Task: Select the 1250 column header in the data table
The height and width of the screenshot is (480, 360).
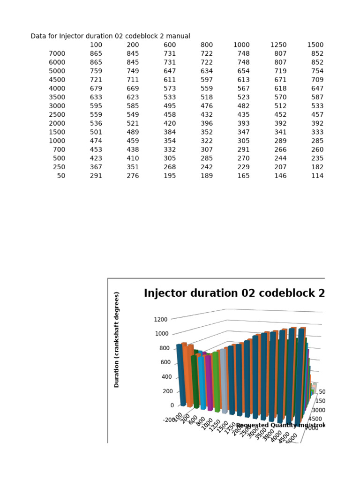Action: pyautogui.click(x=278, y=45)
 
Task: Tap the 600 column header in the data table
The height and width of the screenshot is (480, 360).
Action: pyautogui.click(x=170, y=45)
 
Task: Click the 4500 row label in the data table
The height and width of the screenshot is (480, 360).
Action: pyautogui.click(x=57, y=80)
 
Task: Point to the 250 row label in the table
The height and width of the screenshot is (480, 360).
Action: pyautogui.click(x=60, y=167)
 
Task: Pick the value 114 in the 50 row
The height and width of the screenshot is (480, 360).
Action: pyautogui.click(x=317, y=176)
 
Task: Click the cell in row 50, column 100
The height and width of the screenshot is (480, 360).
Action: pyautogui.click(x=96, y=176)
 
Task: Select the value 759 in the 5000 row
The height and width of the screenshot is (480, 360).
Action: pyautogui.click(x=96, y=71)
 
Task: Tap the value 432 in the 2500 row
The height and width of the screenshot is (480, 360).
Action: pyautogui.click(x=207, y=115)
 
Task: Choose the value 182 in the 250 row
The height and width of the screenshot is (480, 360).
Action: pyautogui.click(x=317, y=167)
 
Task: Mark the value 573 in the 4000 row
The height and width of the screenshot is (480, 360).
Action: pyautogui.click(x=170, y=89)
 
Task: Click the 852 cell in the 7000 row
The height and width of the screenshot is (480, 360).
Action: pyautogui.click(x=317, y=54)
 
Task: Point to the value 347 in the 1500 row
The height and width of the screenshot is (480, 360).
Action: pyautogui.click(x=243, y=132)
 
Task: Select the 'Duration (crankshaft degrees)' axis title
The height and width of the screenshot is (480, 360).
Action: pyautogui.click(x=117, y=340)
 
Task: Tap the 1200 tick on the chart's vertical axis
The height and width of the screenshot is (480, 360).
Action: pyautogui.click(x=160, y=319)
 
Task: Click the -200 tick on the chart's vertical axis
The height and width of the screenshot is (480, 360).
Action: pyautogui.click(x=168, y=420)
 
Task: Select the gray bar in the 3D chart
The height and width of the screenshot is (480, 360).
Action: pyautogui.click(x=225, y=382)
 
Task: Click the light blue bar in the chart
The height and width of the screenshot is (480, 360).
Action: pyautogui.click(x=202, y=382)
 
